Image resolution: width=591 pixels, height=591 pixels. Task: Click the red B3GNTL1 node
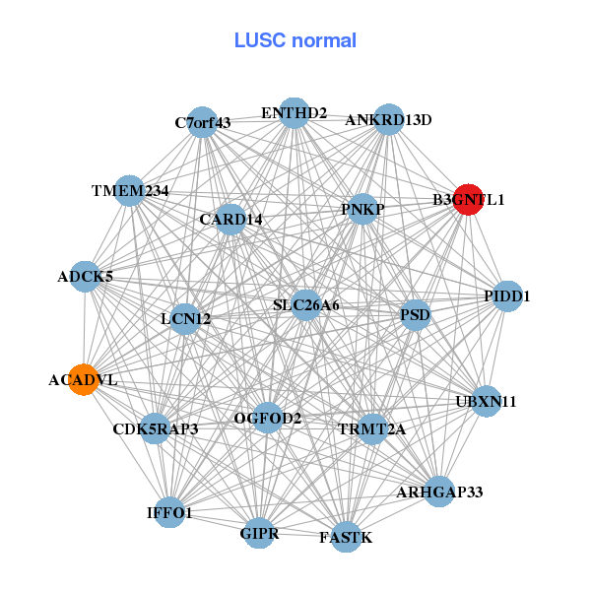pyautogui.click(x=468, y=199)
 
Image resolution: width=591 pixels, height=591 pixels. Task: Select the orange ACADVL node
pyautogui.click(x=84, y=378)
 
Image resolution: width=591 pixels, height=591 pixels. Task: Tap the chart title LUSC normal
pyautogui.click(x=295, y=40)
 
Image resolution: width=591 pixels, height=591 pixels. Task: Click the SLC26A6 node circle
pyautogui.click(x=305, y=305)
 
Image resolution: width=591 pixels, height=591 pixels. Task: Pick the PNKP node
pyautogui.click(x=362, y=209)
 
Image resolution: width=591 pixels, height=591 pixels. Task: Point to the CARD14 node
pyautogui.click(x=230, y=219)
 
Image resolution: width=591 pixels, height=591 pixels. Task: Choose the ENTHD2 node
pyautogui.click(x=294, y=113)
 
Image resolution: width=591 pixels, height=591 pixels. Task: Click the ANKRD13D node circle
pyautogui.click(x=389, y=119)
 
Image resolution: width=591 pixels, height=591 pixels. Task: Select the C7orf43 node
pyautogui.click(x=202, y=123)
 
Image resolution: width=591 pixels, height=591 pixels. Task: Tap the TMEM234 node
pyautogui.click(x=130, y=190)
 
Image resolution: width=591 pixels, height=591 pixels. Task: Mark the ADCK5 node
pyautogui.click(x=85, y=277)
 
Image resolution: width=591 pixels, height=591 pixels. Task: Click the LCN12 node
pyautogui.click(x=185, y=318)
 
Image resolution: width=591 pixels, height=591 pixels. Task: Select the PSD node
pyautogui.click(x=415, y=316)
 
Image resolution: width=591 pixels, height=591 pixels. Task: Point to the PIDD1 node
pyautogui.click(x=506, y=295)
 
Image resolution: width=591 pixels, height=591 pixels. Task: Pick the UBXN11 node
pyautogui.click(x=486, y=401)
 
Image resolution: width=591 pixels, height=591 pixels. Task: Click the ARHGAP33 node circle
pyautogui.click(x=439, y=491)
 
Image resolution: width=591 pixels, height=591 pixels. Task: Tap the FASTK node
pyautogui.click(x=346, y=537)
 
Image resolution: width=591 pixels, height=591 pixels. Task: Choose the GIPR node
pyautogui.click(x=260, y=534)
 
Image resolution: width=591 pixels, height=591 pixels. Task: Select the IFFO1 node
pyautogui.click(x=170, y=512)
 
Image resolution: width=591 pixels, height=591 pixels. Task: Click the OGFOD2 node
pyautogui.click(x=268, y=419)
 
